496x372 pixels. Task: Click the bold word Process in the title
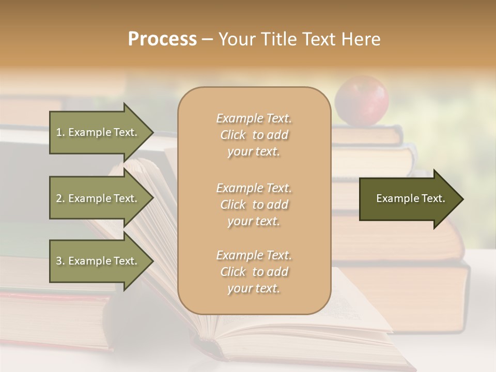click(x=162, y=39)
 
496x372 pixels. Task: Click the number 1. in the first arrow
click(x=60, y=132)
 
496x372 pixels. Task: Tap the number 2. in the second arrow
click(x=60, y=198)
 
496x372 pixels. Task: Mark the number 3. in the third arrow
click(x=60, y=261)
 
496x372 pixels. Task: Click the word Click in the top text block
click(x=233, y=135)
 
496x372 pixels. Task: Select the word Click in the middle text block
click(x=233, y=205)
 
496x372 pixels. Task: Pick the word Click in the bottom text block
click(x=233, y=272)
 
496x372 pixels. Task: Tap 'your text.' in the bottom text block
click(x=254, y=289)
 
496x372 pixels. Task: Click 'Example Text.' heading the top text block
click(x=254, y=119)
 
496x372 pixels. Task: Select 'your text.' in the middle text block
click(x=254, y=222)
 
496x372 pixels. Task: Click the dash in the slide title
click(x=208, y=39)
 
